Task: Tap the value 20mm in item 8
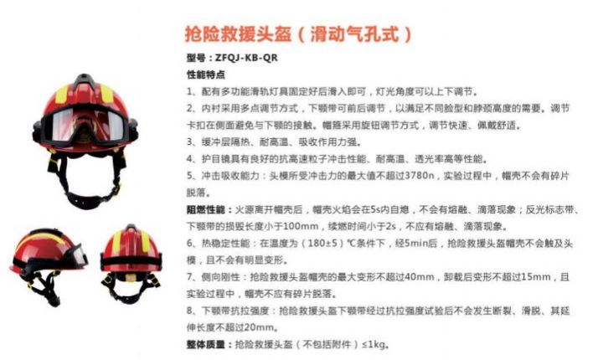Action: tap(251, 328)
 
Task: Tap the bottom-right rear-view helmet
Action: tap(132, 262)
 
